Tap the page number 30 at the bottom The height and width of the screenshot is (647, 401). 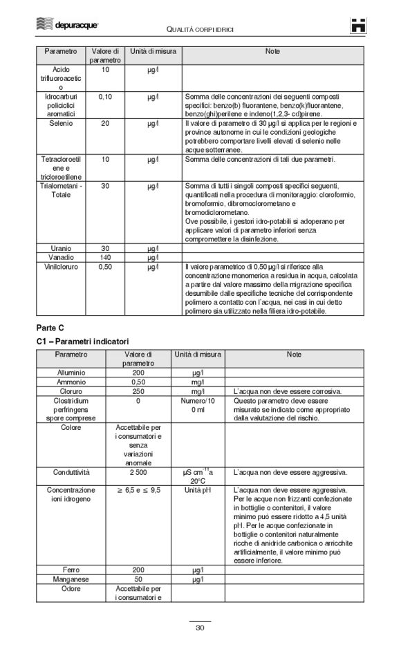coord(200,628)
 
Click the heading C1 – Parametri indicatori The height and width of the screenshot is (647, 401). coord(82,341)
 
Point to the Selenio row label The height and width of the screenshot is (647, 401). coord(61,123)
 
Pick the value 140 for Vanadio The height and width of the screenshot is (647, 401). coord(105,256)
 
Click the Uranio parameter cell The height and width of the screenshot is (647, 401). coord(61,247)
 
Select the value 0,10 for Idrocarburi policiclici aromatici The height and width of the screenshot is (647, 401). coord(105,97)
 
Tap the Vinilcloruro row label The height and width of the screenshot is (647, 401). coord(61,265)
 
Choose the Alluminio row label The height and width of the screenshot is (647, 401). coord(71,372)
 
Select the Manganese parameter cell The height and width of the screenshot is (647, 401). coord(71,579)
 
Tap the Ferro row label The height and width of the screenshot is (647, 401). coord(71,570)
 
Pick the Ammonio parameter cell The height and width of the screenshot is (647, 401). coord(71,381)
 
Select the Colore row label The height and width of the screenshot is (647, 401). coord(71,426)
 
